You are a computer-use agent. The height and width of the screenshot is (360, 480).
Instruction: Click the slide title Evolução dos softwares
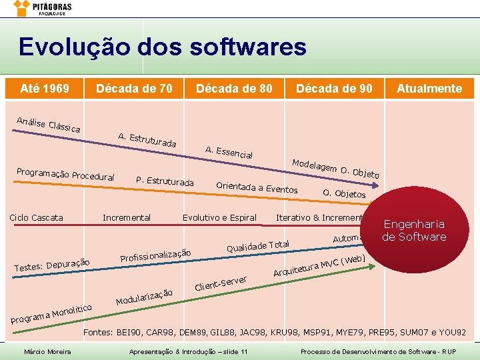pyautogui.click(x=163, y=47)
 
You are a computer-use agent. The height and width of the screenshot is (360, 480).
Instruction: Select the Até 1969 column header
pyautogui.click(x=45, y=88)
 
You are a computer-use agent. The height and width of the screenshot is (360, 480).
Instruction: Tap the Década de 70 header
pyautogui.click(x=134, y=88)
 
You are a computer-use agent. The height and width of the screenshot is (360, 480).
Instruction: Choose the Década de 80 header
pyautogui.click(x=234, y=88)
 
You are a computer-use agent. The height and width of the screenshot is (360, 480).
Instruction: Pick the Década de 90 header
pyautogui.click(x=334, y=88)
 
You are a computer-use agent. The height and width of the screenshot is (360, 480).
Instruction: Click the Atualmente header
pyautogui.click(x=429, y=88)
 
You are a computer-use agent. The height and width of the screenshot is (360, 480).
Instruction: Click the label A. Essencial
pyautogui.click(x=229, y=152)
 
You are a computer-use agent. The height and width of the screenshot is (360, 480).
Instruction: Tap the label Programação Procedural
pyautogui.click(x=65, y=174)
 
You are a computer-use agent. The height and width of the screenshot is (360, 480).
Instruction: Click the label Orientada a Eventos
pyautogui.click(x=257, y=187)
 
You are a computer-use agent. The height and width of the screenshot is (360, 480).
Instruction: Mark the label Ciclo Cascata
pyautogui.click(x=36, y=217)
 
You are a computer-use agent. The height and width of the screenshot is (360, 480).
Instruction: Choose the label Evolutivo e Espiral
pyautogui.click(x=219, y=217)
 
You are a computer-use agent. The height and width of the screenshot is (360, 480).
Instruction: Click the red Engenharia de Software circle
pyautogui.click(x=414, y=231)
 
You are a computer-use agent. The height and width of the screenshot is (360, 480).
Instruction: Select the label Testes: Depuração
pyautogui.click(x=52, y=265)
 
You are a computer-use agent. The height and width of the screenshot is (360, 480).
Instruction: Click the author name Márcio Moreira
pyautogui.click(x=48, y=351)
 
